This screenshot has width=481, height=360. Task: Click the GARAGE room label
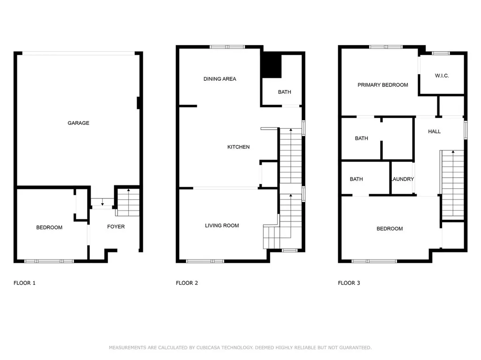(78, 123)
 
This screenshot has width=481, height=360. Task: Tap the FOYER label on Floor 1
(116, 227)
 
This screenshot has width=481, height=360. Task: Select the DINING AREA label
(220, 79)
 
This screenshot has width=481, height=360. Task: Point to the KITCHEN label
(238, 147)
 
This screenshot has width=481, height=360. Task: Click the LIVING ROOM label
(222, 225)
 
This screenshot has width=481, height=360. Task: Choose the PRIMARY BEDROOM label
(383, 85)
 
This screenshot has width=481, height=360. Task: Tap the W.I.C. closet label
(442, 76)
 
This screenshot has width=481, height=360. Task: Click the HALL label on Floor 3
(434, 131)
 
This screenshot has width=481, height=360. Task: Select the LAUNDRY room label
(403, 179)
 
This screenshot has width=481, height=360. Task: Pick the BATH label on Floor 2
(284, 92)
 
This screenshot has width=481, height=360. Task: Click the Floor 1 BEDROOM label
(49, 227)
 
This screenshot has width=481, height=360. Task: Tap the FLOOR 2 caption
(187, 283)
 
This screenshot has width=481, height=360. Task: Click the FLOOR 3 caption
(349, 283)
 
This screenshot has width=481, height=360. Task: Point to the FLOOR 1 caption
(24, 283)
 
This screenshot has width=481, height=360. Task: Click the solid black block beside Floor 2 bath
(271, 65)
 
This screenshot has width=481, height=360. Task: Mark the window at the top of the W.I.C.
(441, 53)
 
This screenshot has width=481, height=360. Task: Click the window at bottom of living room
(205, 261)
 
